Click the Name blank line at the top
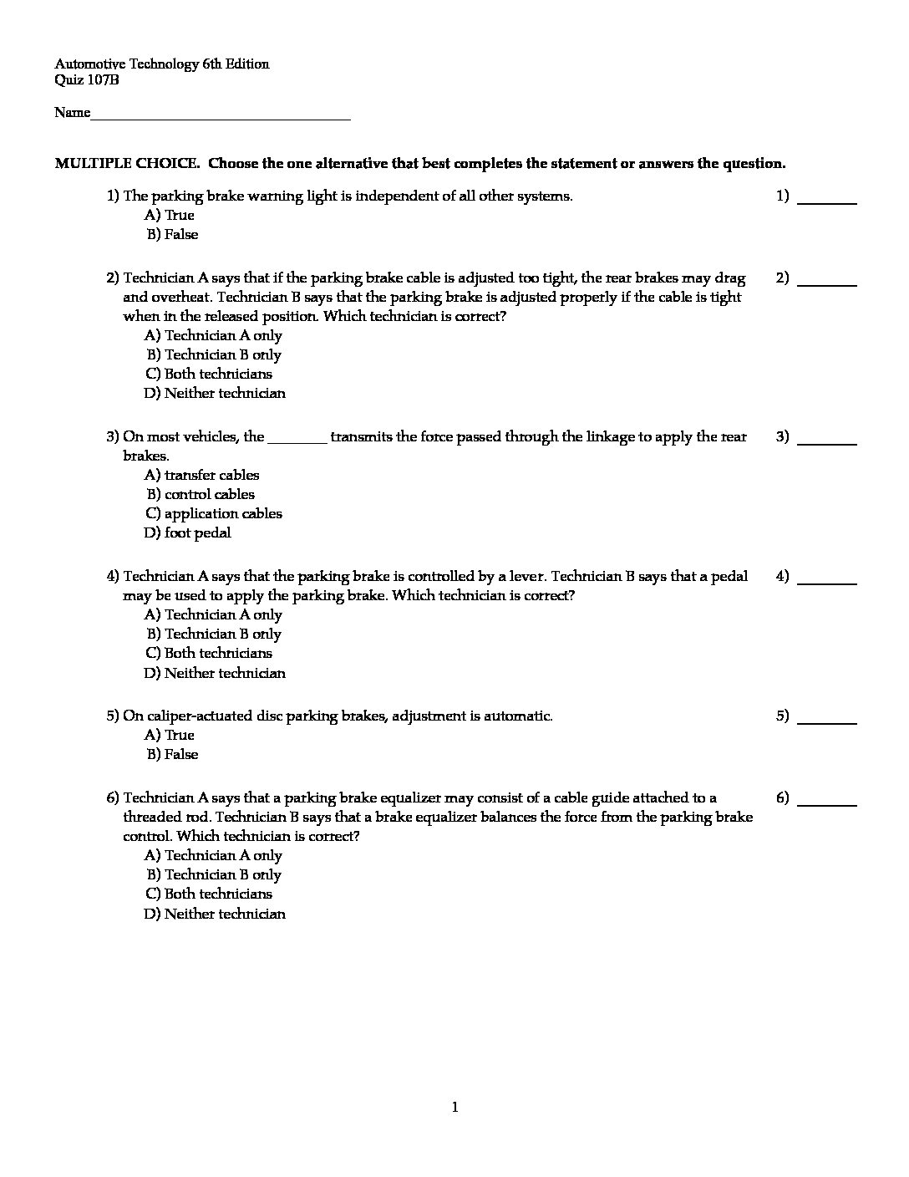(x=221, y=117)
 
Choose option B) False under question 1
(x=173, y=235)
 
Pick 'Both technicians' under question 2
(x=209, y=374)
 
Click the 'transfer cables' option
(x=202, y=476)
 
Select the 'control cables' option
(x=201, y=495)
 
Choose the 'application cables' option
(x=214, y=514)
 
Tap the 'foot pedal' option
(x=188, y=533)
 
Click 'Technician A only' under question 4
(x=214, y=615)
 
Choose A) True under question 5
(x=170, y=736)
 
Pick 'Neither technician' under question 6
(x=216, y=915)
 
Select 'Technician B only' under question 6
(x=214, y=875)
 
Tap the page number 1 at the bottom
(x=454, y=1108)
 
